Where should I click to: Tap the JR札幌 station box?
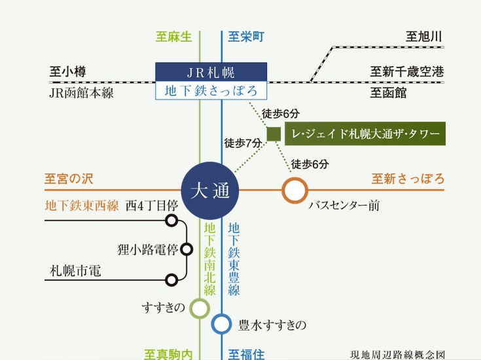(211, 72)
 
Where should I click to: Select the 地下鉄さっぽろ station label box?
(211, 90)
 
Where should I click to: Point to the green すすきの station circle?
(199, 308)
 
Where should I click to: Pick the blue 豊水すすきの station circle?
(222, 323)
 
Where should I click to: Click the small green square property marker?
(274, 134)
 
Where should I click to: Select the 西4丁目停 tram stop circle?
(171, 221)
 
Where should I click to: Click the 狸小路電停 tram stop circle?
(187, 249)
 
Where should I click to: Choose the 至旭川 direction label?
(424, 36)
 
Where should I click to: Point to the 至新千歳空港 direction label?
(406, 72)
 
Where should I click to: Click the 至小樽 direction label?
(67, 72)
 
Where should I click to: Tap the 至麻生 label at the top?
(173, 37)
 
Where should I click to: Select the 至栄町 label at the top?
(245, 37)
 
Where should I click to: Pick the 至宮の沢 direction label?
(70, 178)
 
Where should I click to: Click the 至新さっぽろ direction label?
(408, 179)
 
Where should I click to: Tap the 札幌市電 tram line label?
(75, 270)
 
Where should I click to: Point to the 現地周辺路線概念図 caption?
(397, 354)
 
